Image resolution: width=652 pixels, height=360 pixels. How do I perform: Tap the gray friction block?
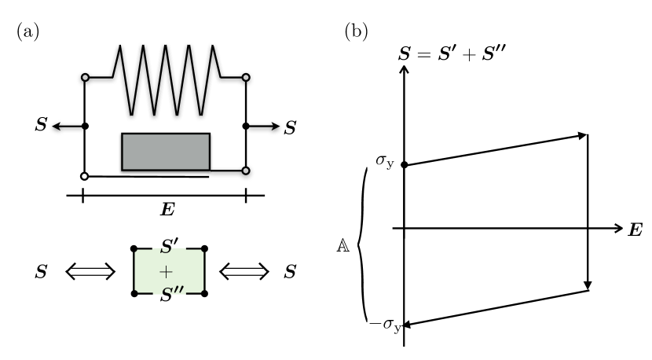point(165,152)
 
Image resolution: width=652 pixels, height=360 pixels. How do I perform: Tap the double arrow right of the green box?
point(244,272)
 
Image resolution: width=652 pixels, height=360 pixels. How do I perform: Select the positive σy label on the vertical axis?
point(384,162)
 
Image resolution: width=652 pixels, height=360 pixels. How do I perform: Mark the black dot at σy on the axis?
point(404,165)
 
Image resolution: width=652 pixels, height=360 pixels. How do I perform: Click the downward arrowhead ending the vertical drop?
point(588,285)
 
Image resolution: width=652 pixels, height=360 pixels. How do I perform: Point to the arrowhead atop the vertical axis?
point(404,68)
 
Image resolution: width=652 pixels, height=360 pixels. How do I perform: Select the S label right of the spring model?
point(289,127)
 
